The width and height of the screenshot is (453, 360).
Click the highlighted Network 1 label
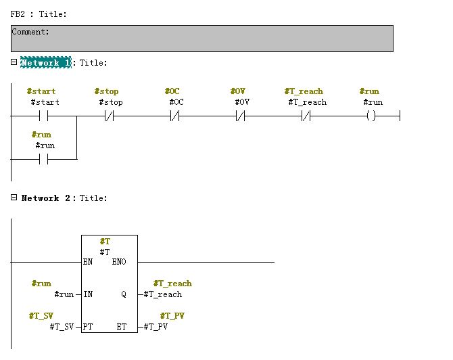point(45,63)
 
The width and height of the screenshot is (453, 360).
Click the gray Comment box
point(201,39)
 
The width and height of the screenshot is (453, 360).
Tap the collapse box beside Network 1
point(14,62)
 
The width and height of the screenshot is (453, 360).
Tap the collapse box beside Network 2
point(14,198)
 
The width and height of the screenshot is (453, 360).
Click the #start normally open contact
point(45,116)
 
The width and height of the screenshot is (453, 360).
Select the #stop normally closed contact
point(110,116)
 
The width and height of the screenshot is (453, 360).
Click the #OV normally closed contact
point(240,116)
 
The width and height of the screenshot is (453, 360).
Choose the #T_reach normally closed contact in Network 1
point(305,116)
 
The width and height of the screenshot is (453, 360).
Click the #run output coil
point(371,116)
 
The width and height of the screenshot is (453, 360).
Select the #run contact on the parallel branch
point(45,160)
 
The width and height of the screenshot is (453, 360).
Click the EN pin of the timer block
point(88,262)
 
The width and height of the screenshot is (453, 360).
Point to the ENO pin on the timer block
point(128,262)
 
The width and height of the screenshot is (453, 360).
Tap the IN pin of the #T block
point(88,294)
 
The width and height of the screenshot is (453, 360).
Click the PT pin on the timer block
point(88,327)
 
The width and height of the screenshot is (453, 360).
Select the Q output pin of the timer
point(124,294)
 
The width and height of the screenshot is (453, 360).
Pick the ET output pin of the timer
point(122,327)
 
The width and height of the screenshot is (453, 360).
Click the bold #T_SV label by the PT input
point(41,316)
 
